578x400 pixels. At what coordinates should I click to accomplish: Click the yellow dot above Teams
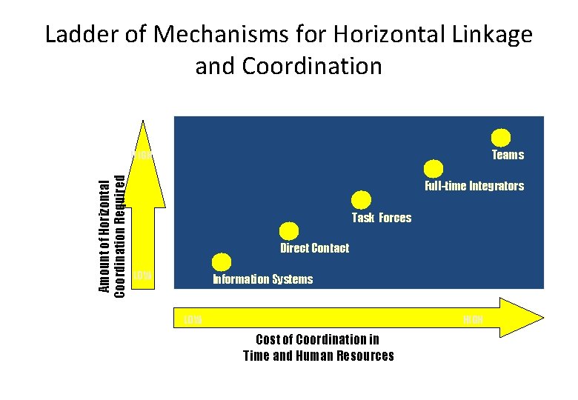point(501,137)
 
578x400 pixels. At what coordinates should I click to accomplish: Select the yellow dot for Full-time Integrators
point(433,168)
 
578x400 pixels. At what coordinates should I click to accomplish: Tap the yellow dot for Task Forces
point(361,199)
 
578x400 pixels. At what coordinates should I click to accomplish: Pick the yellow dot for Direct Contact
point(290,231)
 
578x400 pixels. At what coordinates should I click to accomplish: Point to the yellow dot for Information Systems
point(221,262)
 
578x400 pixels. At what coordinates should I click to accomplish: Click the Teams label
point(508,155)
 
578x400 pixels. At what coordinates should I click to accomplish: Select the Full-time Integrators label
point(474,186)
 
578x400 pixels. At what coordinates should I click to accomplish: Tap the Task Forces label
point(381,218)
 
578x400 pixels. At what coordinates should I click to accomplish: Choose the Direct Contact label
point(314,248)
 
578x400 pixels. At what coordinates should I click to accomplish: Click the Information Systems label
point(262,279)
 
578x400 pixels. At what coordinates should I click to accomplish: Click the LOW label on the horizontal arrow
point(193,320)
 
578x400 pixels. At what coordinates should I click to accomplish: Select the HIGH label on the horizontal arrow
point(473,320)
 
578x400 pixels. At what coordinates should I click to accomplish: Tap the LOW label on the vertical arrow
point(142,276)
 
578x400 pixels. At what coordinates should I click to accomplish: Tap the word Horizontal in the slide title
point(379,35)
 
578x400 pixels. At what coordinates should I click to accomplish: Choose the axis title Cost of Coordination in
point(317,339)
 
